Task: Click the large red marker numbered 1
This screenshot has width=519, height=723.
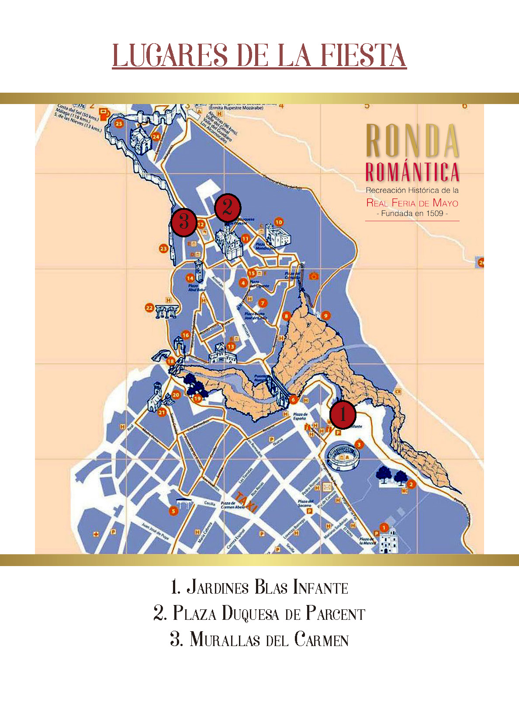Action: [x=343, y=414]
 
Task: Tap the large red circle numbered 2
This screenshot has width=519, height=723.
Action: [x=227, y=208]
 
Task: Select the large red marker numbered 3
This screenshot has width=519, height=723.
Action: [x=183, y=222]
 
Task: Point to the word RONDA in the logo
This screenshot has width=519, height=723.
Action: [x=412, y=141]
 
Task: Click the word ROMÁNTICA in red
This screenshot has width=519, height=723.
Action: [x=412, y=172]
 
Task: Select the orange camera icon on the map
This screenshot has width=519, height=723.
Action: [x=313, y=276]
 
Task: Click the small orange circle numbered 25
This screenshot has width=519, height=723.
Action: [x=119, y=124]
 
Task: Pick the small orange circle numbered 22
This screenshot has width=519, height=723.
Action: [x=149, y=308]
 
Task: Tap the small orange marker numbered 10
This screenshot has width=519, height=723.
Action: [x=279, y=222]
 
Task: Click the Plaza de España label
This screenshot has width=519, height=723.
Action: [x=300, y=416]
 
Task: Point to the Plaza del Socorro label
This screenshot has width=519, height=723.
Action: [x=305, y=503]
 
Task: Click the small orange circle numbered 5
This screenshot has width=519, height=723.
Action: [x=173, y=511]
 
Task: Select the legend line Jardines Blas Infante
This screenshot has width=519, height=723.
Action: [x=259, y=587]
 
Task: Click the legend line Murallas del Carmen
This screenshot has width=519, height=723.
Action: [x=259, y=640]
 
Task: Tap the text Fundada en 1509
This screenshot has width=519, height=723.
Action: [x=412, y=214]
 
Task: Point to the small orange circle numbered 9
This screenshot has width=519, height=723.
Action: [x=325, y=315]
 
